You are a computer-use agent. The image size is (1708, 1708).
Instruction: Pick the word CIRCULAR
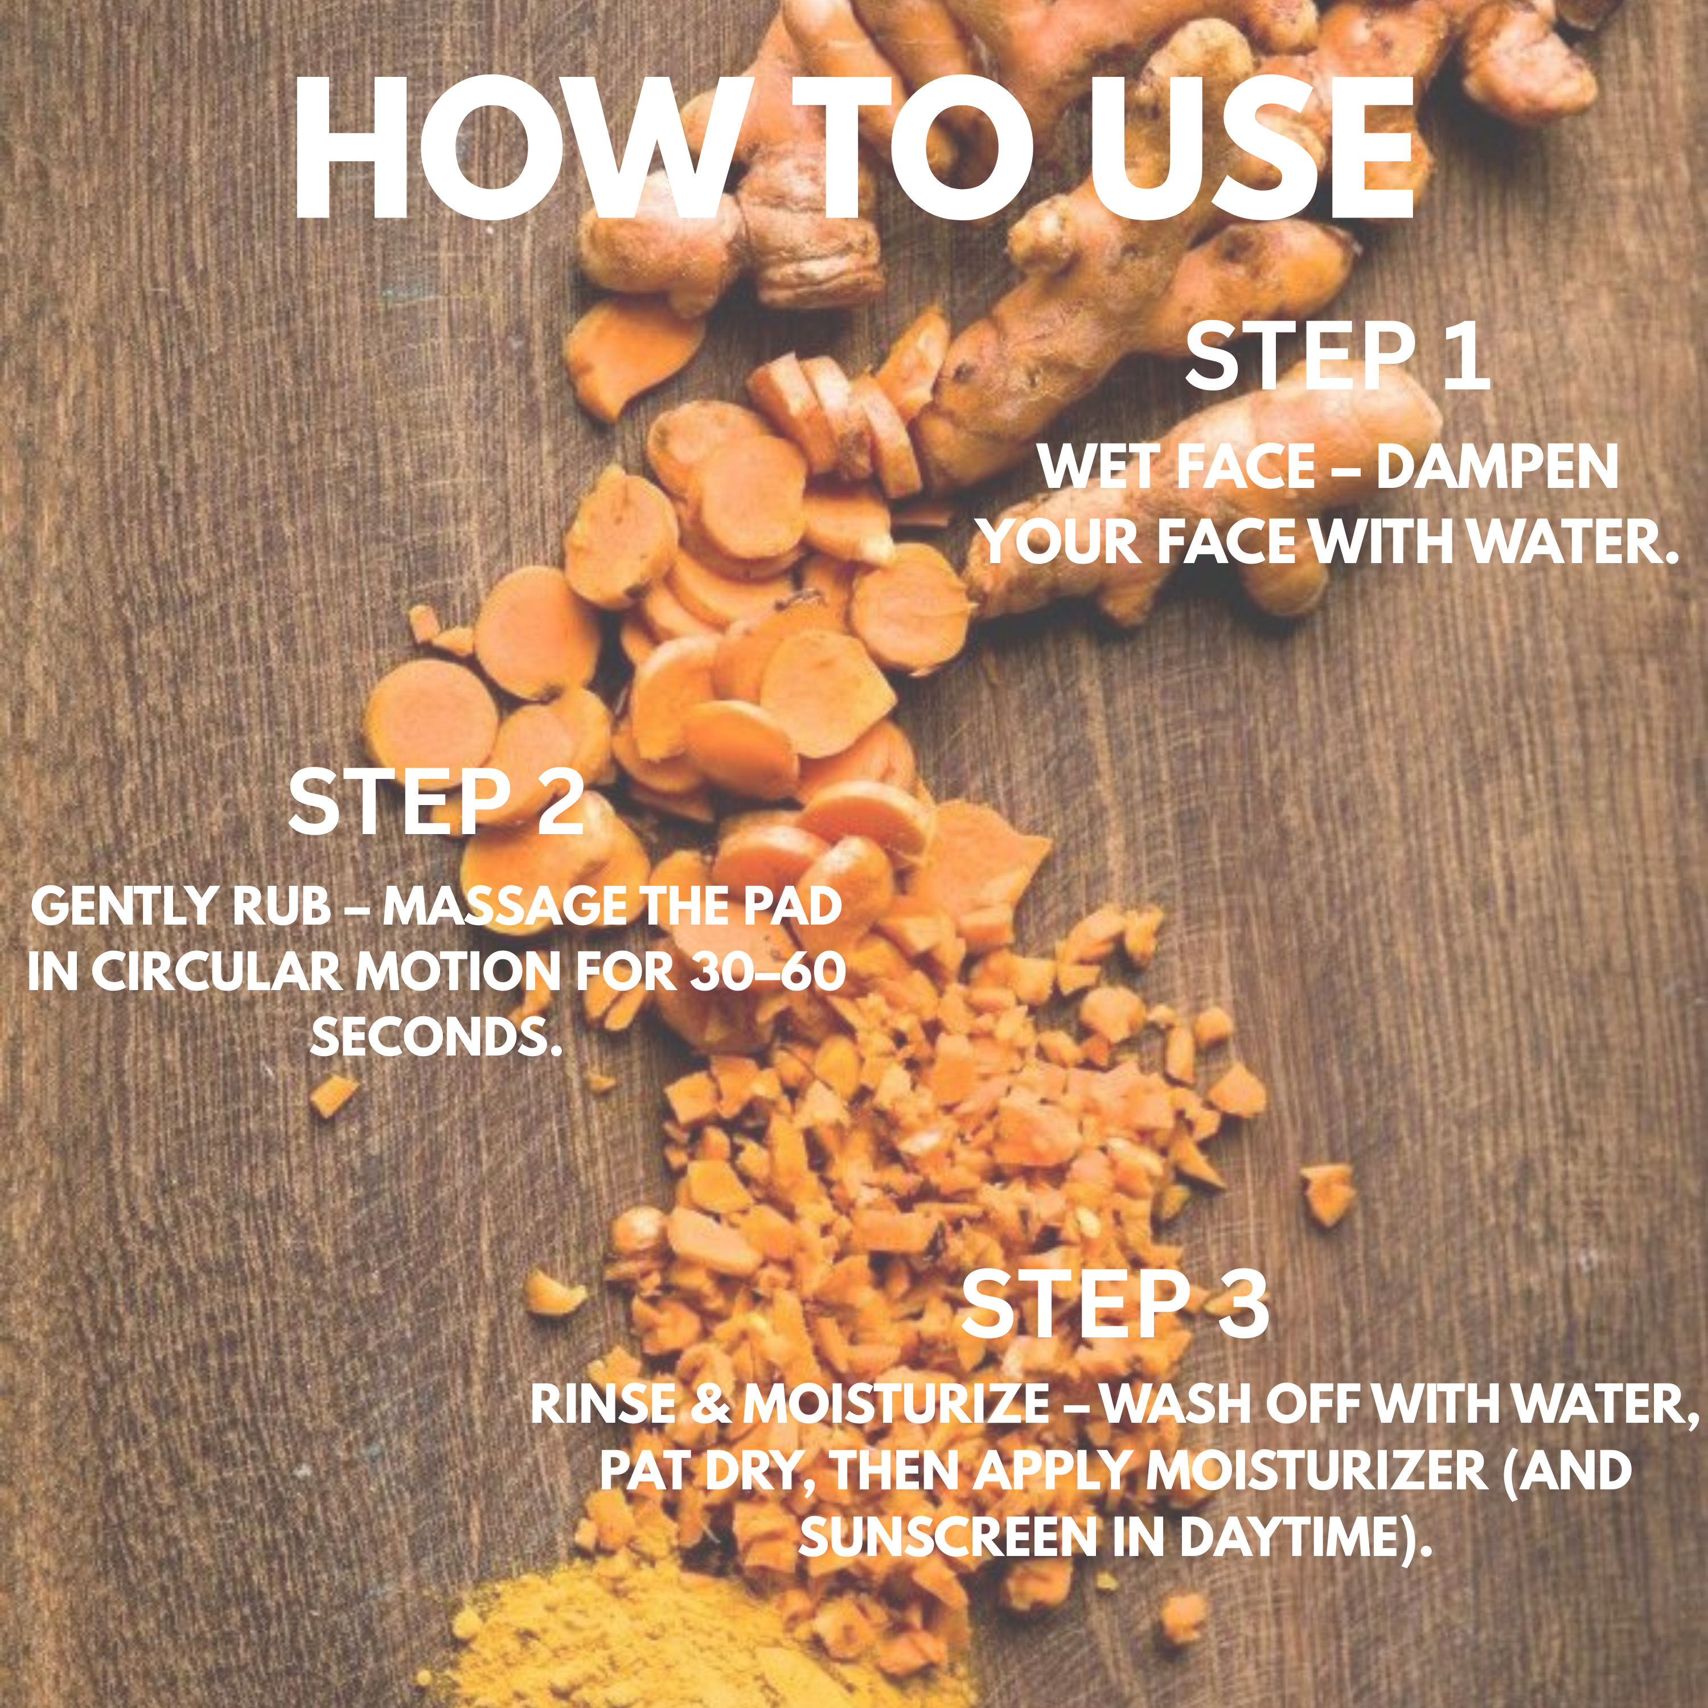click(216, 972)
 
